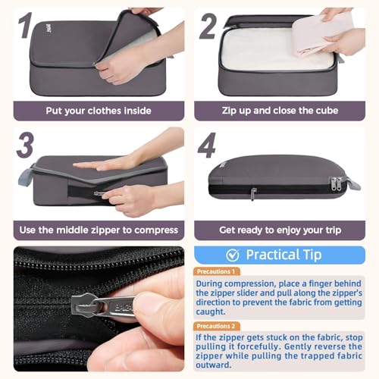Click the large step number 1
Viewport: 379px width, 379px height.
[26, 25]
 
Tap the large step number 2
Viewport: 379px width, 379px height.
[208, 27]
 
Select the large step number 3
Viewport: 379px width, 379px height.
[25, 145]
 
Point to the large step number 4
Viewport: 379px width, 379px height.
[207, 145]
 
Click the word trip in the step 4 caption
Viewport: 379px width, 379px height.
[333, 230]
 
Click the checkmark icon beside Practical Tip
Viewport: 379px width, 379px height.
[233, 255]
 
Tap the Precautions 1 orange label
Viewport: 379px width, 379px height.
[217, 271]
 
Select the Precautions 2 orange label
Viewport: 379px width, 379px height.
[217, 326]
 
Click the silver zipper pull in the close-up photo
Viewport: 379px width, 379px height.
[104, 305]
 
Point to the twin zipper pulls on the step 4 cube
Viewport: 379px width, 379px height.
[336, 183]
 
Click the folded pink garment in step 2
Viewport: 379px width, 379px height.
[321, 36]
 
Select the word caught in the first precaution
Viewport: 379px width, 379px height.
[211, 312]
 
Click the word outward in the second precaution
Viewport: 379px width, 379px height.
[214, 365]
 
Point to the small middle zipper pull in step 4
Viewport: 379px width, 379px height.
[253, 194]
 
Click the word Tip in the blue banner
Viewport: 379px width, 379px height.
[312, 255]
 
